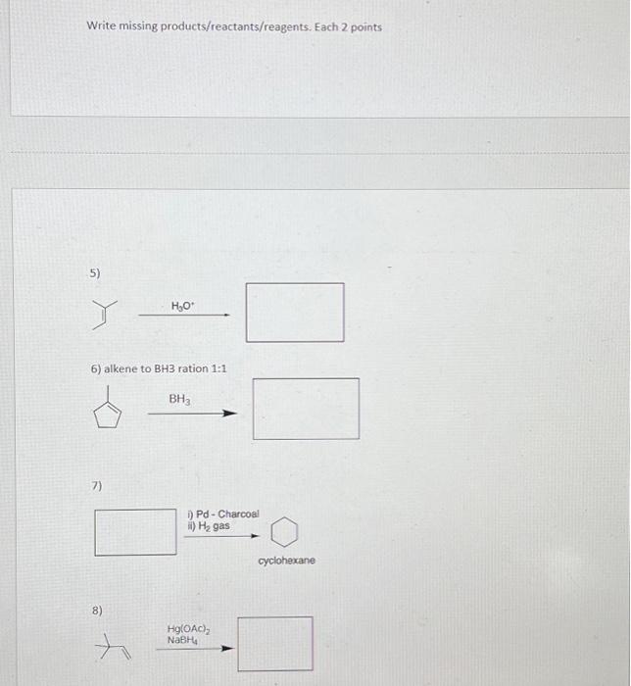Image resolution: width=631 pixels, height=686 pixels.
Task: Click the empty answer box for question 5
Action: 294,313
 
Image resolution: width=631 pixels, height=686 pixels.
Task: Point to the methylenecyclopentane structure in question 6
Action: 110,414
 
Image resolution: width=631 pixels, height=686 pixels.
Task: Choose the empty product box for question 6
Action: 306,409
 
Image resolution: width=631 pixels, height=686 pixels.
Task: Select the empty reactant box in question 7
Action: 135,530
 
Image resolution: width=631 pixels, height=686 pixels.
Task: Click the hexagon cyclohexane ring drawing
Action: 282,533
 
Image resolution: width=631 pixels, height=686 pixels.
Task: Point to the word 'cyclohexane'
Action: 286,561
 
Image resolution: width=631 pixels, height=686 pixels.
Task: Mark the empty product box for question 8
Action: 275,644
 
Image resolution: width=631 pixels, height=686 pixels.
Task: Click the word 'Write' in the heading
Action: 101,26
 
